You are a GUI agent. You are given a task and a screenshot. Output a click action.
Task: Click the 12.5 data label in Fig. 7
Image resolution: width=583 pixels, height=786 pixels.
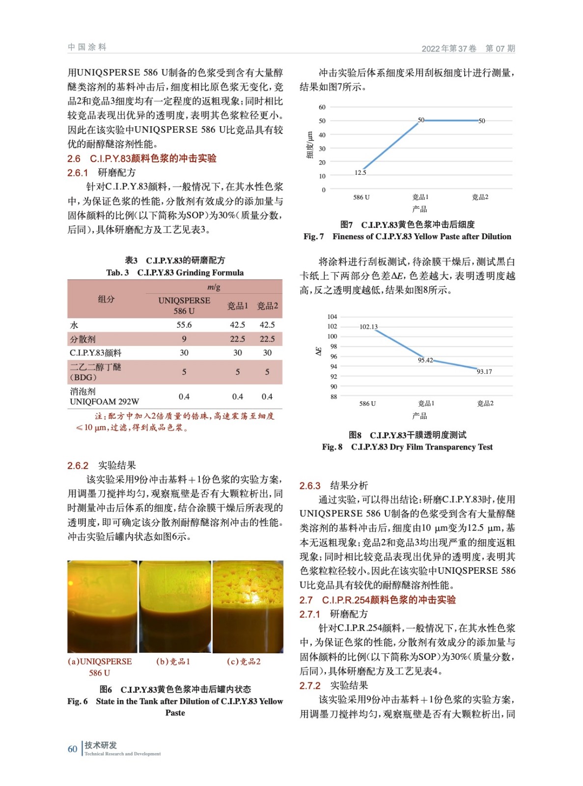360,172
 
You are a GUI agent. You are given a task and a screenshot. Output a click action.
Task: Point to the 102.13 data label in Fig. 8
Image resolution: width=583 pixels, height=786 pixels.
368,327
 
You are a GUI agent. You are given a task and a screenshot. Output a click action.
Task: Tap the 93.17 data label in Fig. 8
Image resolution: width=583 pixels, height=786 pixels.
484,372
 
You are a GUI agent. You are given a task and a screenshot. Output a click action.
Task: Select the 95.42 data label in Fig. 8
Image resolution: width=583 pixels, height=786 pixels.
425,360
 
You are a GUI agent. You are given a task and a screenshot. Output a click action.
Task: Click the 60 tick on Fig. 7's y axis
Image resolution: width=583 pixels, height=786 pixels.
322,107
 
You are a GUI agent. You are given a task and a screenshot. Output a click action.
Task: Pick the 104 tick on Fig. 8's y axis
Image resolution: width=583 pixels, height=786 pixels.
333,317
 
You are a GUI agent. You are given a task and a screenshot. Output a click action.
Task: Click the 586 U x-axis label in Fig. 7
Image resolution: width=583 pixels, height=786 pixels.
361,197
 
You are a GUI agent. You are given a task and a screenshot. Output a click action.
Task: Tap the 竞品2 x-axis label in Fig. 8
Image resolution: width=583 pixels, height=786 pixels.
485,403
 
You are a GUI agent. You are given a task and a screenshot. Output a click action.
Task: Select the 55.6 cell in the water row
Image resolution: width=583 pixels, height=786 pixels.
184,325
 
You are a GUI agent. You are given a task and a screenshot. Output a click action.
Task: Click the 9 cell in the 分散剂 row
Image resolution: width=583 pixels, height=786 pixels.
184,339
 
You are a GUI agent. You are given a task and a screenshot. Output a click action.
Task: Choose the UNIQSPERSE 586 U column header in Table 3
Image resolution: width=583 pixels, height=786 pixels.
184,306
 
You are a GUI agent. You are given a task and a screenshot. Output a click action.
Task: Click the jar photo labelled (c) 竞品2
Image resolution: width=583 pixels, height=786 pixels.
248,607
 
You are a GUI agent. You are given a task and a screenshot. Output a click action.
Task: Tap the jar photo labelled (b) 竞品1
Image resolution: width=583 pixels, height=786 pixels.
175,607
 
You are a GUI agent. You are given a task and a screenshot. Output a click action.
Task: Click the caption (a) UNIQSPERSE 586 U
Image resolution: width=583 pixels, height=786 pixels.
100,667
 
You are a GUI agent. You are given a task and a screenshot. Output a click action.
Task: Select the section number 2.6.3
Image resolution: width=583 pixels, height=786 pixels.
310,486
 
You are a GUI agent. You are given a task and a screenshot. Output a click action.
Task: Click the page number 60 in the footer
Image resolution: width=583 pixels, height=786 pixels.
72,749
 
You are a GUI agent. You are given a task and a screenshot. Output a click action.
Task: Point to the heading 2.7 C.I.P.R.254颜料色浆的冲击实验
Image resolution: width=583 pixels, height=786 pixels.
377,600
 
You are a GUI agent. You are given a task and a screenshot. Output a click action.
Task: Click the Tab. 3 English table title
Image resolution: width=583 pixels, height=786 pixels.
175,273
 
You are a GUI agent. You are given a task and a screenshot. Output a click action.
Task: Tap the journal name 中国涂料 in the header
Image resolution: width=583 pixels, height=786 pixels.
87,47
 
